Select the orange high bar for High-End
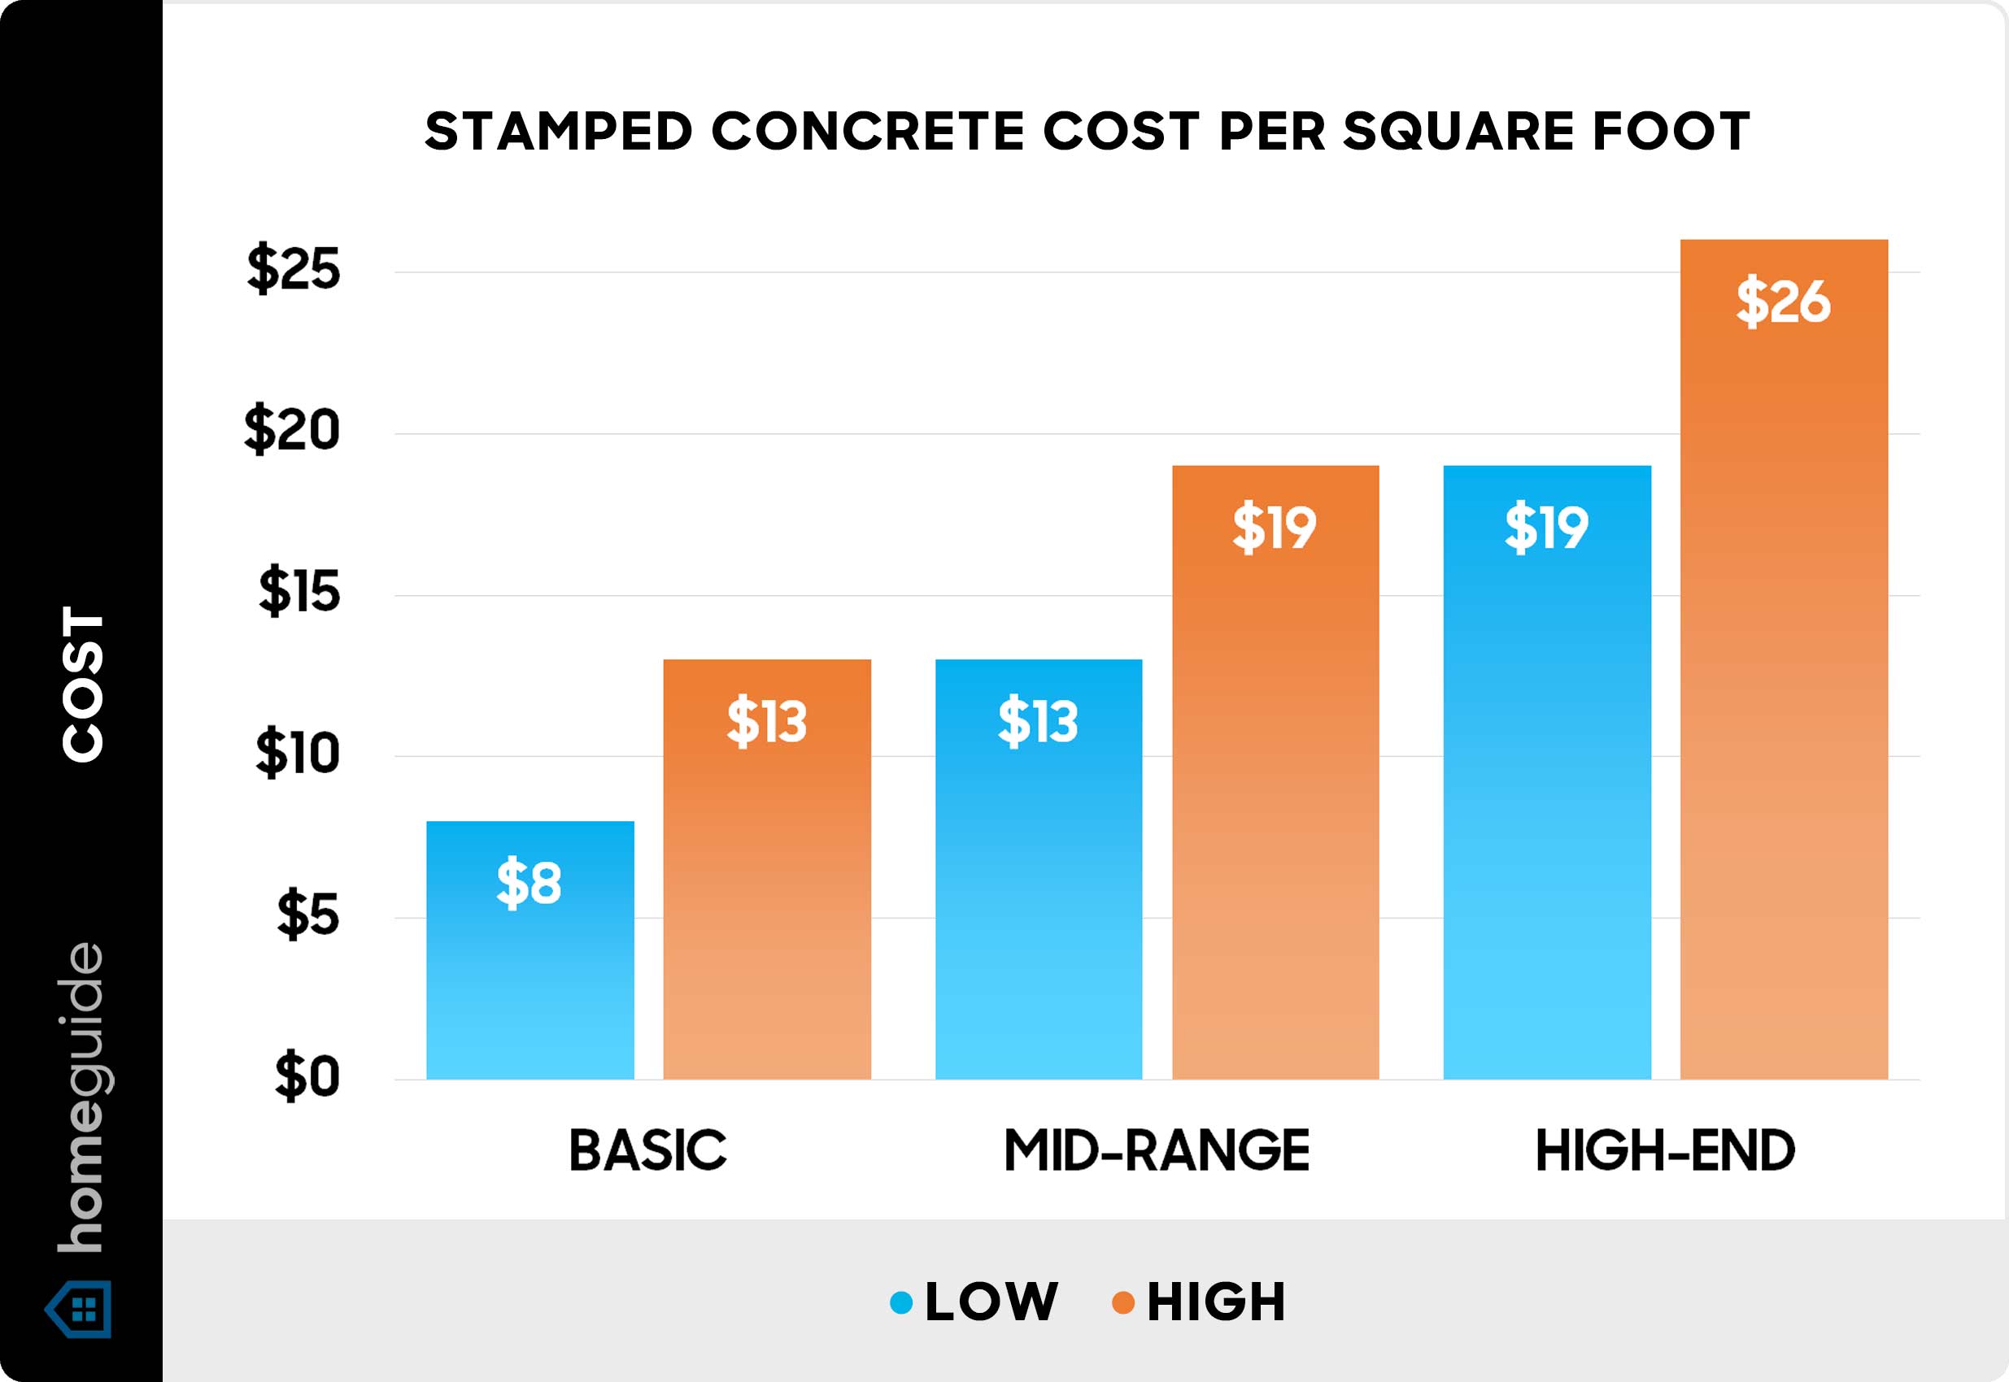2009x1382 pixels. [1784, 693]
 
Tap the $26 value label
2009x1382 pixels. [1783, 302]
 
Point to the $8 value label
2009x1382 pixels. [529, 883]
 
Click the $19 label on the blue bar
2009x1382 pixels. [1546, 528]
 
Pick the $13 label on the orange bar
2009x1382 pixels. [767, 721]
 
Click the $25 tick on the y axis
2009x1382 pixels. [294, 269]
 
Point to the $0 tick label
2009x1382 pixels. [307, 1077]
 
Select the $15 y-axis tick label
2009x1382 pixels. [299, 593]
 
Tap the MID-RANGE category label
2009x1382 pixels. [1157, 1151]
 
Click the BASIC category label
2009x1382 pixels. [647, 1151]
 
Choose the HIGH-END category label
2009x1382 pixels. [1665, 1151]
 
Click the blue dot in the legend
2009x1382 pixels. [901, 1302]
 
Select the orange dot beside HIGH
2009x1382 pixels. [1123, 1302]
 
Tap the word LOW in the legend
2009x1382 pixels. [991, 1302]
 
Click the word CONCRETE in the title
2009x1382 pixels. [868, 133]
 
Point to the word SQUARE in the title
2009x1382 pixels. [1458, 133]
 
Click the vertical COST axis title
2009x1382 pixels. [83, 684]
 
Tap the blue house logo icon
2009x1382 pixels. [80, 1310]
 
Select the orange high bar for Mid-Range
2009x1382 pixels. [1275, 780]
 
